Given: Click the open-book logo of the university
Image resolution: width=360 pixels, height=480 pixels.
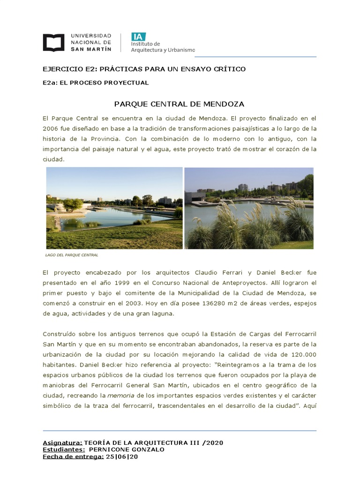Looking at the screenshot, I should point(53,42).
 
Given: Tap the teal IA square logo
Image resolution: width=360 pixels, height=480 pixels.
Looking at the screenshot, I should point(138,37).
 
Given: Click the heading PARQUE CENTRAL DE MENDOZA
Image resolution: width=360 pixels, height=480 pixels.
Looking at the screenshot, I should point(180,104).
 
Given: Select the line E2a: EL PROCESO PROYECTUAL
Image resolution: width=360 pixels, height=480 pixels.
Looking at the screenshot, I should point(96,83).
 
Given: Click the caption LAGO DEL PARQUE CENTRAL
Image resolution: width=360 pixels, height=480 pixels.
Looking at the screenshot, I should point(72,255).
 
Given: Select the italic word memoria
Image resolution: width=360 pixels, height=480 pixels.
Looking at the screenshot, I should point(117,396).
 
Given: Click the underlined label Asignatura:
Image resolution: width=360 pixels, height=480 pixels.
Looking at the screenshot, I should point(62,442).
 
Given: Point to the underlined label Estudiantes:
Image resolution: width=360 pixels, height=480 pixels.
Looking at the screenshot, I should point(64,450).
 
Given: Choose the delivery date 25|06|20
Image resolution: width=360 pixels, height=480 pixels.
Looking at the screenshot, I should point(122,457).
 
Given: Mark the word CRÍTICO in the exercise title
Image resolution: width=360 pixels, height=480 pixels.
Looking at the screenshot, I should point(230,69).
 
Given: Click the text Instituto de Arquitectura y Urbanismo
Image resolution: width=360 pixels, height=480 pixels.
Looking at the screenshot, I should point(163,47).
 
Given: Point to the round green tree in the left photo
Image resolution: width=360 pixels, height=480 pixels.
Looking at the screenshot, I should point(73,203).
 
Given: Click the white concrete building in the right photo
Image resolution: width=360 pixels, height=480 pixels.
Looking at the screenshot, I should point(194,197).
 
